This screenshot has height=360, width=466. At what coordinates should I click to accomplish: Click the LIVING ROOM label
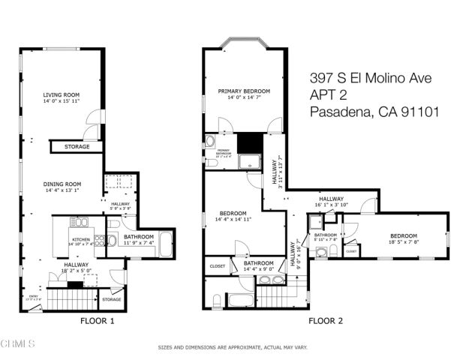(62, 94)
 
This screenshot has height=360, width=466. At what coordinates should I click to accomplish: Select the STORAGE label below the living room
(77, 147)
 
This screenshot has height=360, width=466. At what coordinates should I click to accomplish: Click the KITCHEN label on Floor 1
(80, 238)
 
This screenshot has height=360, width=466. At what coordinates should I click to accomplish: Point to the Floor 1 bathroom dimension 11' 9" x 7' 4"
(139, 243)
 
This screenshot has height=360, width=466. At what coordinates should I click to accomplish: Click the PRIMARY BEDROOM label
(244, 91)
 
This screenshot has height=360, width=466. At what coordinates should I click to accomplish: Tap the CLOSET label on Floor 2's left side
(218, 265)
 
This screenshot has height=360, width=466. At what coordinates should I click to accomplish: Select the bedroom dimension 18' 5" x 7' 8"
(403, 242)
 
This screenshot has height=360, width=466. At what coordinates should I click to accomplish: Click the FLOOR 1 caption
(98, 321)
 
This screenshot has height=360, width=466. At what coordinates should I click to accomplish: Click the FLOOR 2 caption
(326, 321)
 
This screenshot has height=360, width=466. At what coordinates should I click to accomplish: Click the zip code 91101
(418, 112)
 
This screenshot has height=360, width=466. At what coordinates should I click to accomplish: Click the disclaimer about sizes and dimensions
(233, 347)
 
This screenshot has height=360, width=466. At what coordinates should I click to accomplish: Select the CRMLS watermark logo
(19, 344)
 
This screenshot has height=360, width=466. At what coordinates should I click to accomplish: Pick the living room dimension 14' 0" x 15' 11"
(62, 100)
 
